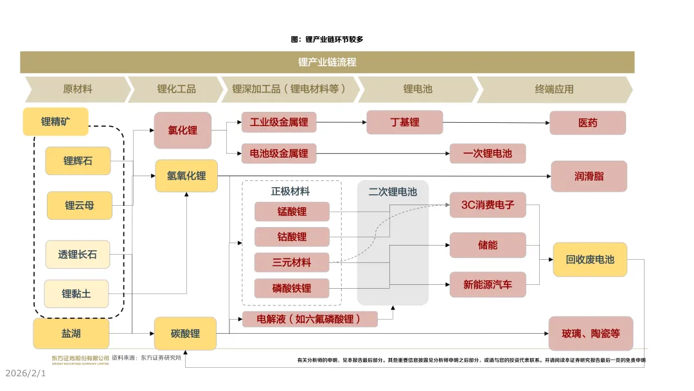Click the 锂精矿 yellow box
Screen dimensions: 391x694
(55, 122)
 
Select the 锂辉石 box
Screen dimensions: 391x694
(78, 161)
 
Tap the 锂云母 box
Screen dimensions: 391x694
(79, 206)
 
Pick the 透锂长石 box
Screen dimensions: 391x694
(78, 255)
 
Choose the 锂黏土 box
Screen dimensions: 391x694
(76, 294)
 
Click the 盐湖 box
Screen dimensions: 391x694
(71, 334)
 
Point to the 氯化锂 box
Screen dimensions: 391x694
(182, 130)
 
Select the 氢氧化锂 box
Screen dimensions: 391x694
(186, 176)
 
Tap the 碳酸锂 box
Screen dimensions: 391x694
(185, 334)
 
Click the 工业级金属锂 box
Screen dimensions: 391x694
(279, 122)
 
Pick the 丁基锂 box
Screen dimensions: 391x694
(404, 122)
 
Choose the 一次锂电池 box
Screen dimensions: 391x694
(488, 154)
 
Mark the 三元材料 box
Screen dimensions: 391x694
(292, 262)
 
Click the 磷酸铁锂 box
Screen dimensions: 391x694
(292, 288)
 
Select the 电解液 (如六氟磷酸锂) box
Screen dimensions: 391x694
(310, 319)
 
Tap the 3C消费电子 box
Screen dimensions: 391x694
(488, 205)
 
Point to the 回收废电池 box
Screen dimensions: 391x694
(590, 260)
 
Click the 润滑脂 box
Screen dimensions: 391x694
(589, 176)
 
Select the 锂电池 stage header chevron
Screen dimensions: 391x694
(418, 89)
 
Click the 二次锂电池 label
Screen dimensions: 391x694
(393, 192)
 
